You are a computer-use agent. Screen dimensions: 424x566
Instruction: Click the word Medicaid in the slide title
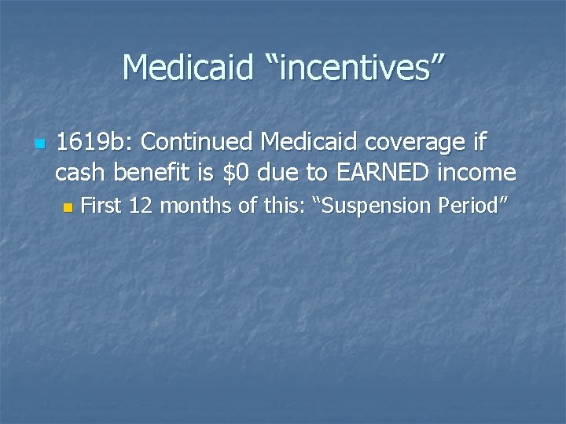coord(186,68)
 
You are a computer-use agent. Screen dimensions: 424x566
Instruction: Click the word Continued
coord(197,143)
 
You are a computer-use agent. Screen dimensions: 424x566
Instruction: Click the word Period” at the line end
coord(474,207)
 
